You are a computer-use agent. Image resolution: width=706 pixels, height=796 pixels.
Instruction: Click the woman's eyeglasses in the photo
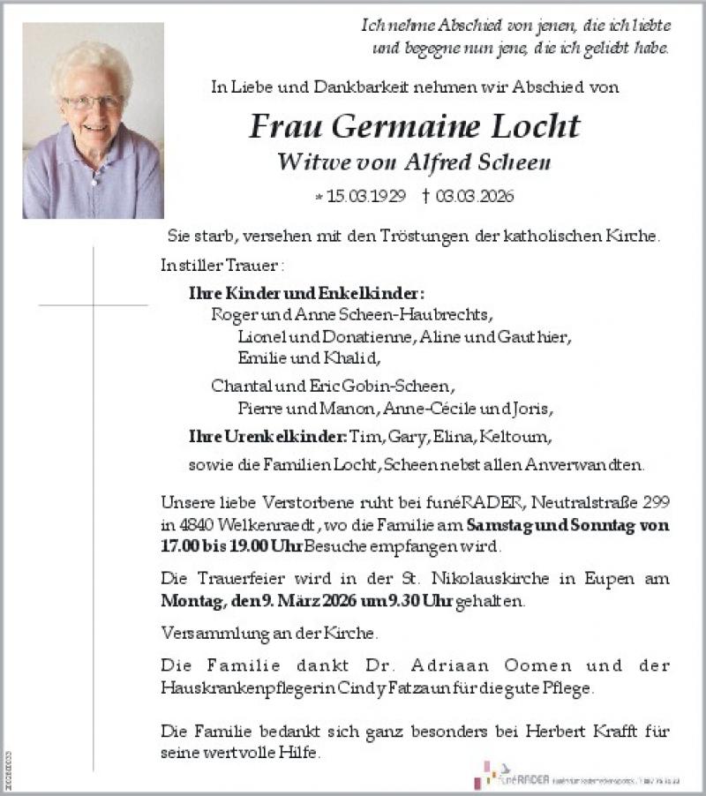91,102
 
